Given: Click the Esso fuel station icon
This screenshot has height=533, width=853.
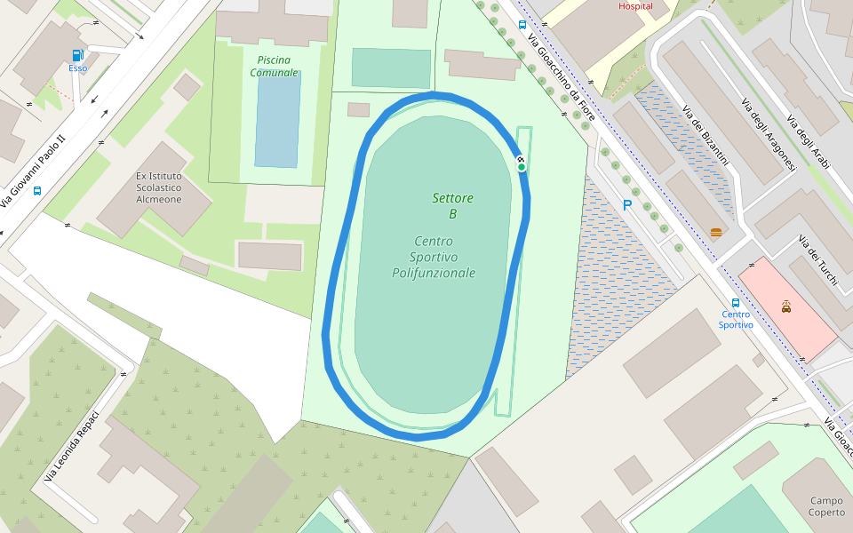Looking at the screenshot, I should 77,55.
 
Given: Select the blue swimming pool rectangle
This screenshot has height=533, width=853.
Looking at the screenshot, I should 277,119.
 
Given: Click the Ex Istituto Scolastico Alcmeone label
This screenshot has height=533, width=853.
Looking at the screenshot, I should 158,187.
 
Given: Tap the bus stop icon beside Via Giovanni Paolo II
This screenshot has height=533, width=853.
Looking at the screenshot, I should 37,190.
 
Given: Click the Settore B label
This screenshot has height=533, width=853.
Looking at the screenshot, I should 452,205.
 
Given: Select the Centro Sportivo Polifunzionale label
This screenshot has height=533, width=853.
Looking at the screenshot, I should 434,257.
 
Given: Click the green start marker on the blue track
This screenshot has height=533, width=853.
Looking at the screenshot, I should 522,166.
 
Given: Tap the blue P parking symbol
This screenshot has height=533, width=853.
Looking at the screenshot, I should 626,205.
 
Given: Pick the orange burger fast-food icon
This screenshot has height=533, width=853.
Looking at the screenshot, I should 716,233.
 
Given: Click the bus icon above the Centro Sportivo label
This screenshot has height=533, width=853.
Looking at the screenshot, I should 735,302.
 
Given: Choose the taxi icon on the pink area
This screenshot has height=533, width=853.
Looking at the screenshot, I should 786,307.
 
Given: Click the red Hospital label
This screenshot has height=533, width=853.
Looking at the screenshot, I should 635,6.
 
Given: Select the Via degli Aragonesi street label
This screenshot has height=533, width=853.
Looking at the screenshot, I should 769,134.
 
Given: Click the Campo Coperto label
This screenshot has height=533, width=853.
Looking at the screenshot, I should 826,506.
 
